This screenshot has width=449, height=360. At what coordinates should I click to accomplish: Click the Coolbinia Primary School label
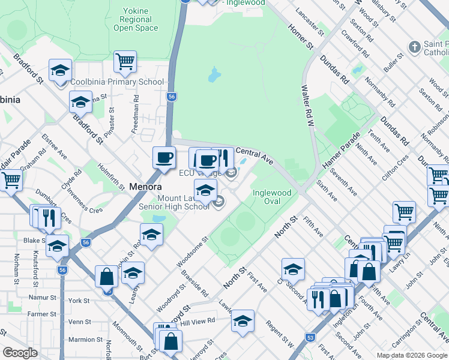point(117,82)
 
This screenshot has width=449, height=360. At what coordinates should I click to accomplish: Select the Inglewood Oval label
point(272,197)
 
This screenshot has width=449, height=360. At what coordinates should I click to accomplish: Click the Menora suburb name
point(145,187)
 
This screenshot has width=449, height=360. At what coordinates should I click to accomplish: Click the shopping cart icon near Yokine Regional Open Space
point(125,61)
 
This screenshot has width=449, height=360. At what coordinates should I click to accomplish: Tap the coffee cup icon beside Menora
point(164,158)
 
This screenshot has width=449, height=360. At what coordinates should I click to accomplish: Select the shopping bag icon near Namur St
point(106,277)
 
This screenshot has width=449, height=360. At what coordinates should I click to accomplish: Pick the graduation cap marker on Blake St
point(58,246)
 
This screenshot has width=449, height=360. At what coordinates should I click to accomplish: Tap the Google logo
point(20,353)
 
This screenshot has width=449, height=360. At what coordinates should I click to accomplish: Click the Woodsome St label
point(192,252)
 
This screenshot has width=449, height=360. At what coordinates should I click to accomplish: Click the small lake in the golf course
point(214,75)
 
